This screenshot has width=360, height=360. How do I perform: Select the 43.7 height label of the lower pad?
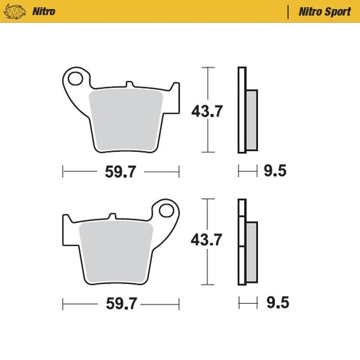click(x=208, y=240)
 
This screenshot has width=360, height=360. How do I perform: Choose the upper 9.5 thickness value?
click(x=276, y=171)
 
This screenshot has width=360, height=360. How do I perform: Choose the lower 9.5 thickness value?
click(x=276, y=304)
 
